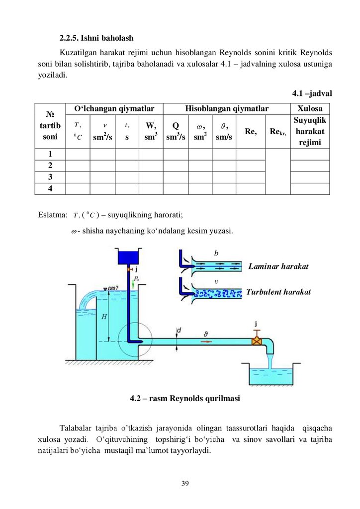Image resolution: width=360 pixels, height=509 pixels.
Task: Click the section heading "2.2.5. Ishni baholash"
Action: click(96, 38)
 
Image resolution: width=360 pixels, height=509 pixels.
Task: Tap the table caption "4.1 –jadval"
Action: click(312, 93)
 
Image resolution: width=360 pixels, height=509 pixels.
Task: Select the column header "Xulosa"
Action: click(309, 108)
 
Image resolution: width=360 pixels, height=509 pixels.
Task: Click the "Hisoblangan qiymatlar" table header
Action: click(227, 108)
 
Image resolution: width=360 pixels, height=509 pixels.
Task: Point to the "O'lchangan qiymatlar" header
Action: click(114, 108)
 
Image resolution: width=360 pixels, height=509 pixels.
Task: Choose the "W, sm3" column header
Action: click(151, 131)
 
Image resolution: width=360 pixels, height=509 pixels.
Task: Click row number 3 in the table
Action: click(50, 177)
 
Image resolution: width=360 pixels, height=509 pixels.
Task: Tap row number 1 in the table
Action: click(50, 155)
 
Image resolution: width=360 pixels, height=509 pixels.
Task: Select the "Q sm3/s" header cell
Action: click(176, 131)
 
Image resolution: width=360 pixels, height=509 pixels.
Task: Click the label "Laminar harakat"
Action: click(278, 266)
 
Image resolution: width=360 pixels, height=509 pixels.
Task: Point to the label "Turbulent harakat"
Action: click(278, 292)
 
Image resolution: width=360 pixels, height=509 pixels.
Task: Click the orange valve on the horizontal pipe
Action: click(257, 341)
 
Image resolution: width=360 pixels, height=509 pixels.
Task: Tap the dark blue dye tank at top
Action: click(130, 257)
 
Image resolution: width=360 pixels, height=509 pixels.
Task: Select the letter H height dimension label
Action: click(104, 317)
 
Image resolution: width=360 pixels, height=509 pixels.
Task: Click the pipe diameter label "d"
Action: click(179, 330)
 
